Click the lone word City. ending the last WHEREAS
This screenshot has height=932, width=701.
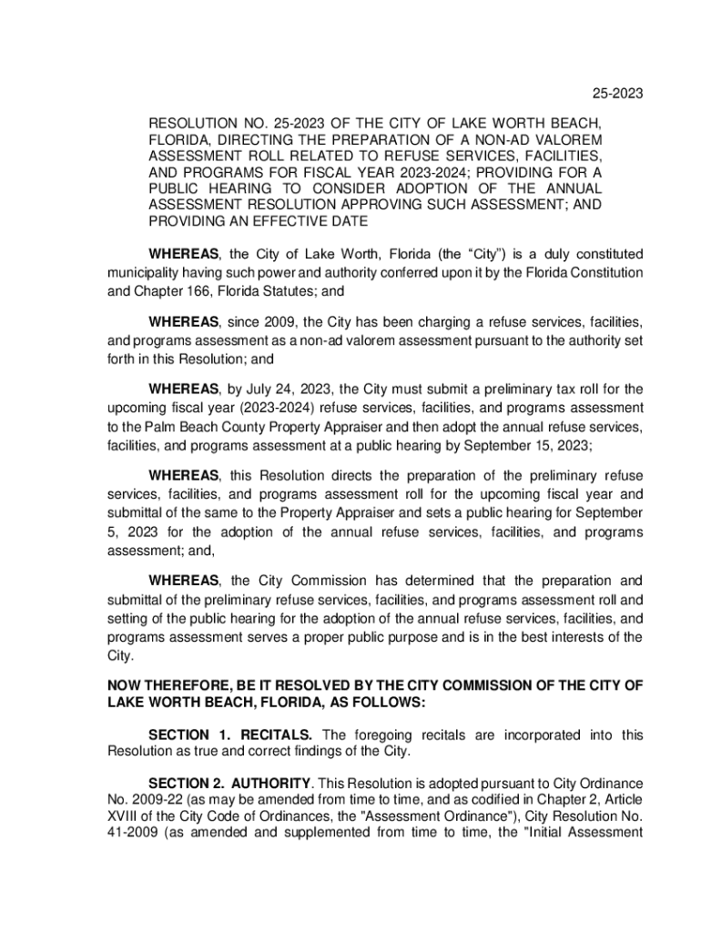[x=120, y=655]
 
